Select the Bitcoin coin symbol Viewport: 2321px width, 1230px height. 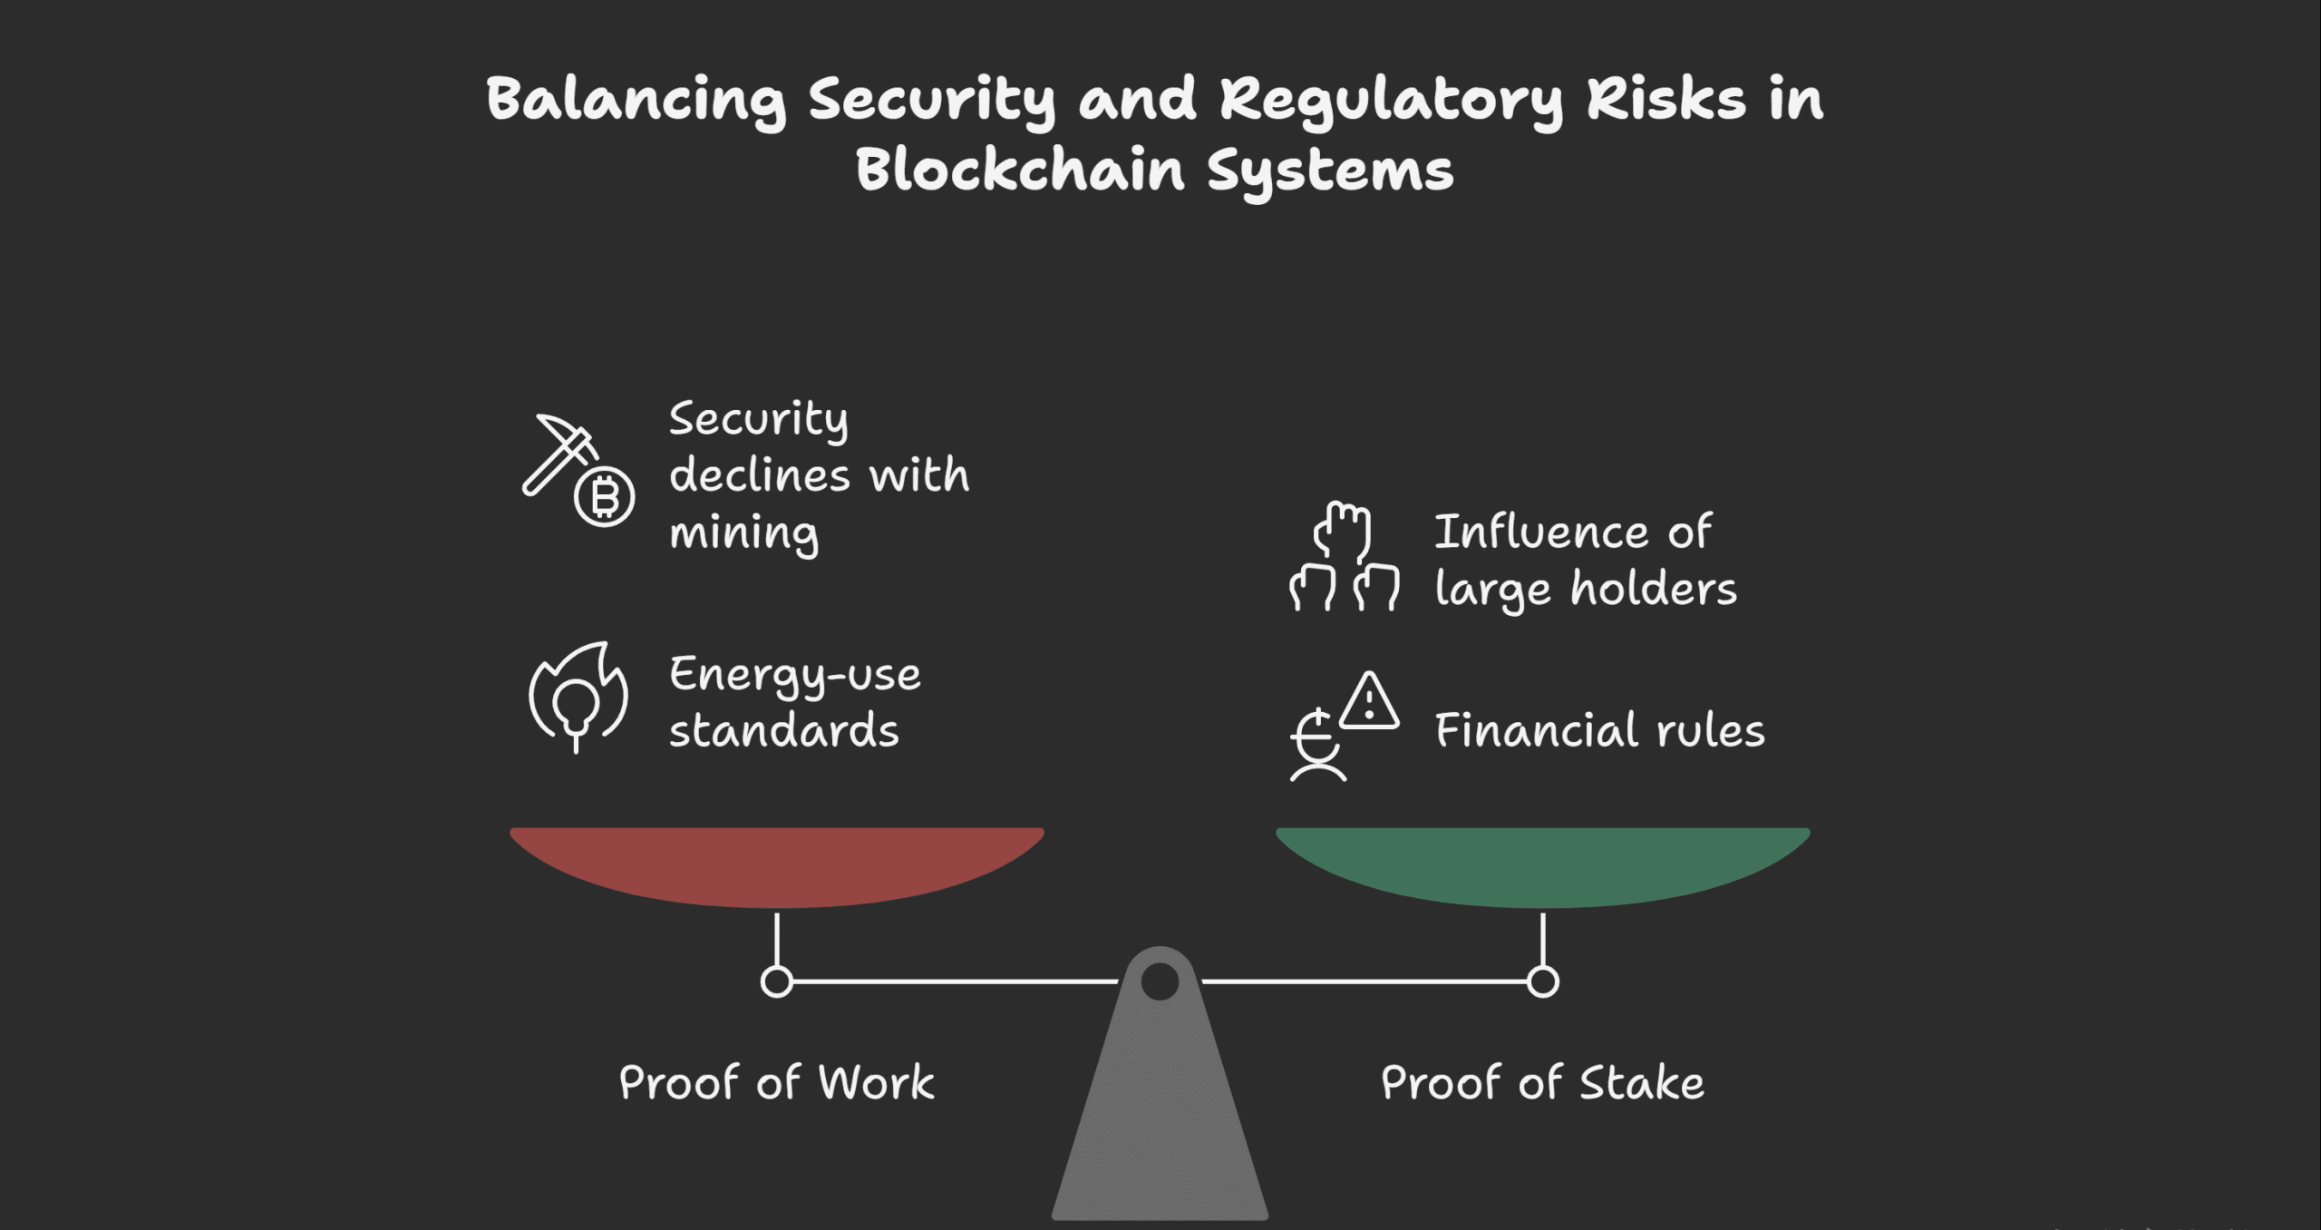(605, 497)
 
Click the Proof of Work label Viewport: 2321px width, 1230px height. (777, 1083)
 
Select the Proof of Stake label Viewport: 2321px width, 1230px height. (1542, 1083)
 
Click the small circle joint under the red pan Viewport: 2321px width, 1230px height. (777, 981)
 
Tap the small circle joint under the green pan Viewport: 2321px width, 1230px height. (1542, 981)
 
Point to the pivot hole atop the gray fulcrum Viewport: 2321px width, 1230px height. (1160, 981)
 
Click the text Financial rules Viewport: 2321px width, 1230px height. (1600, 730)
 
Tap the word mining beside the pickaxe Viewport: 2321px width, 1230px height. (744, 533)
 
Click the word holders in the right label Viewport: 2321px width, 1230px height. (1654, 589)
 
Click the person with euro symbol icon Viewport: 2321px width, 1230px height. (1318, 746)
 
